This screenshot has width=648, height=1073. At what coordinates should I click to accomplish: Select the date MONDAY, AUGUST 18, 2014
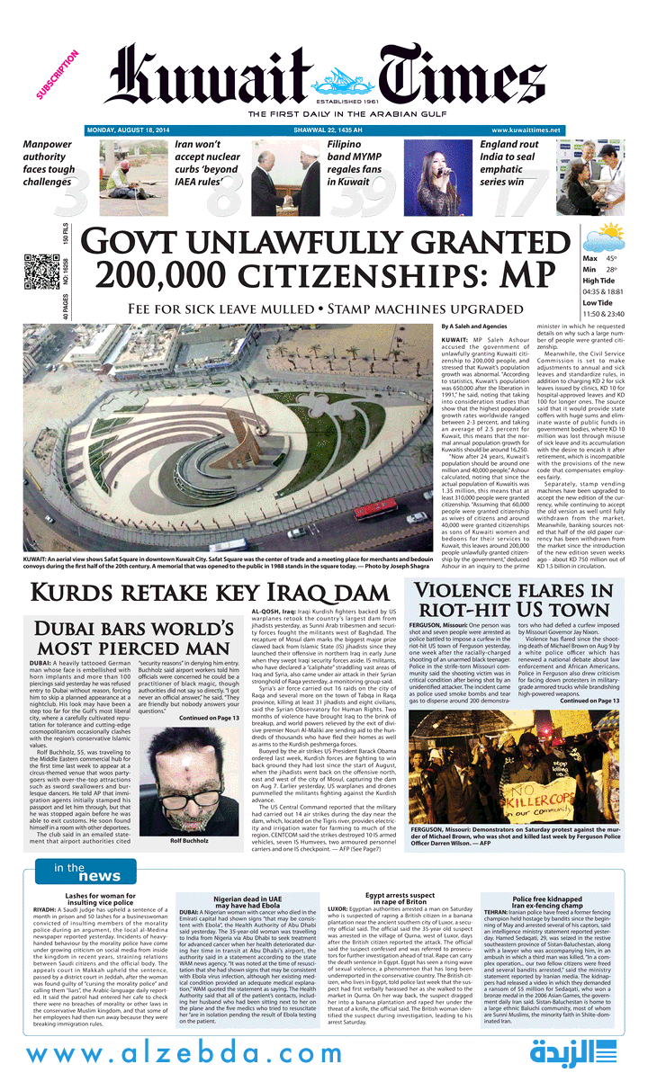click(128, 130)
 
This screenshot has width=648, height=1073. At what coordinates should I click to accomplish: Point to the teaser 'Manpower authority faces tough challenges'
click(49, 163)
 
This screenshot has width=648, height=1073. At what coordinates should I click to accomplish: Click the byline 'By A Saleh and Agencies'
click(474, 325)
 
